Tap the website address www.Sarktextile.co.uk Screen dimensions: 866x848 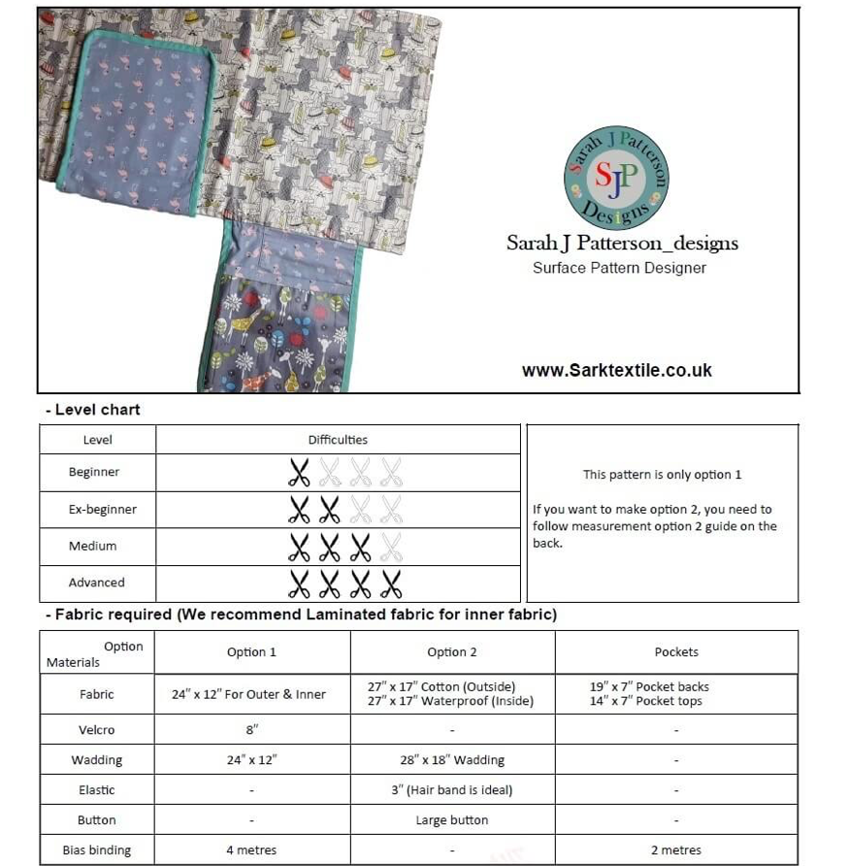pyautogui.click(x=616, y=370)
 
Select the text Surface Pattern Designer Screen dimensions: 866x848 pyautogui.click(x=619, y=268)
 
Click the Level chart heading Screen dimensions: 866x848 pyautogui.click(x=97, y=410)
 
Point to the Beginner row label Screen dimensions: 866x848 pyautogui.click(x=94, y=473)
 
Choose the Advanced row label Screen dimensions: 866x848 pyautogui.click(x=96, y=583)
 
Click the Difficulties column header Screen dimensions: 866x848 pyautogui.click(x=338, y=440)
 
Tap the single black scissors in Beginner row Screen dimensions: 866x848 pyautogui.click(x=299, y=473)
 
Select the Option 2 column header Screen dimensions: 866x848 pyautogui.click(x=452, y=652)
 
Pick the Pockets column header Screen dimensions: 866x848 pyautogui.click(x=676, y=652)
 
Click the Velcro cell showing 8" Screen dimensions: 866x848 pyautogui.click(x=252, y=730)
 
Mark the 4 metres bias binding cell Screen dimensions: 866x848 pyautogui.click(x=251, y=850)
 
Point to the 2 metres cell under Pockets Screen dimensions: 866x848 pyautogui.click(x=676, y=850)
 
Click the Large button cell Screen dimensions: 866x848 pyautogui.click(x=452, y=820)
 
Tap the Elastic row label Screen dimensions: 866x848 pyautogui.click(x=96, y=790)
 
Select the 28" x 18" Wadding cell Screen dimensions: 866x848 pyautogui.click(x=452, y=760)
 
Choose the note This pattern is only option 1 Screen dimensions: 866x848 pyautogui.click(x=662, y=475)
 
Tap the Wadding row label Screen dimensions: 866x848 pyautogui.click(x=96, y=760)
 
